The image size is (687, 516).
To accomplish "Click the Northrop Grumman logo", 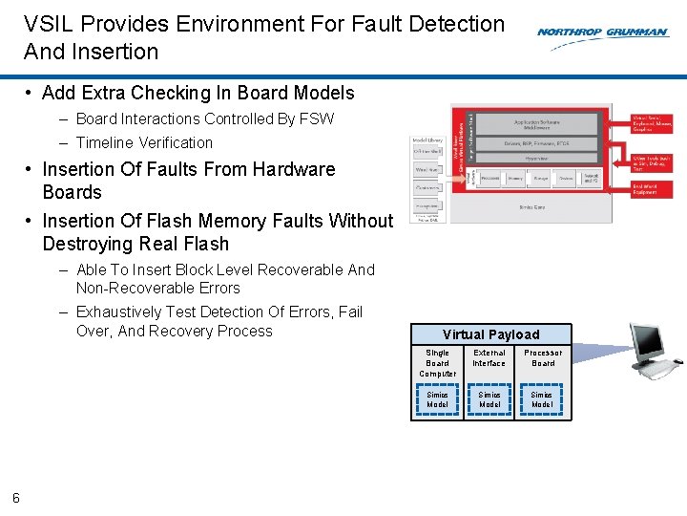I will click(602, 32).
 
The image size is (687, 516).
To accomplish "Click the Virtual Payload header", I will click(490, 334).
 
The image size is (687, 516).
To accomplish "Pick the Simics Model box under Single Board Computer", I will click(437, 399).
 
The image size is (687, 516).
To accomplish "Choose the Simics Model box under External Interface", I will click(489, 399).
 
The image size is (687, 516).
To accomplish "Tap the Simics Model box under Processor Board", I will click(542, 399).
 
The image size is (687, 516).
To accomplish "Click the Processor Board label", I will click(543, 357).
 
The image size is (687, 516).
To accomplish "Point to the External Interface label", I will click(489, 357).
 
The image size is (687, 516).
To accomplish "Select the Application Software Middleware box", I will click(537, 124).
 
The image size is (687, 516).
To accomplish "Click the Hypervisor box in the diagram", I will click(537, 159).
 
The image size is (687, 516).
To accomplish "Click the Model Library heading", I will click(427, 140).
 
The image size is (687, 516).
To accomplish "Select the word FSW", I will click(318, 118).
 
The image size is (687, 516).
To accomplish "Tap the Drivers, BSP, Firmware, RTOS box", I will click(537, 143).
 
